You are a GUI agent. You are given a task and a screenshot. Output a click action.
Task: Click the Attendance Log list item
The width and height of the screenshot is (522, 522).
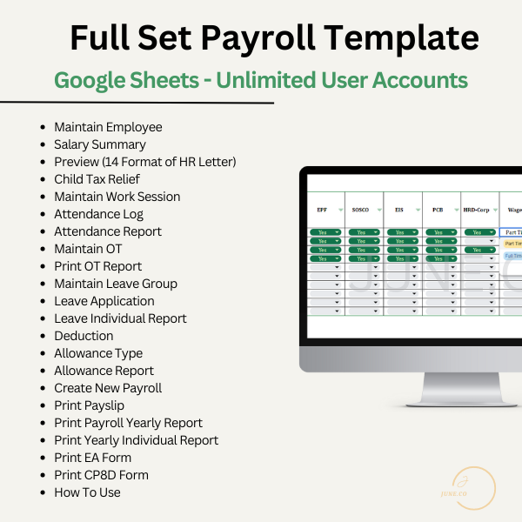(x=98, y=214)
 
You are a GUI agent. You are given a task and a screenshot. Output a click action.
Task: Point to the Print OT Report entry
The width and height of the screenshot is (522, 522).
(x=97, y=266)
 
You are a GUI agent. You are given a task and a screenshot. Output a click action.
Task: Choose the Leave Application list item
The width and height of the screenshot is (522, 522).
(x=104, y=301)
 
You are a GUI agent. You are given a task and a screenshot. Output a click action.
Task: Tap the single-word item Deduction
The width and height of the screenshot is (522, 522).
(x=84, y=336)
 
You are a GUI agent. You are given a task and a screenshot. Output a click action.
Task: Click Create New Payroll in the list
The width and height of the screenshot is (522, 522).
(x=108, y=388)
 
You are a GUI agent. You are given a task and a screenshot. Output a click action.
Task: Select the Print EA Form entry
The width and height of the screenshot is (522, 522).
(x=92, y=458)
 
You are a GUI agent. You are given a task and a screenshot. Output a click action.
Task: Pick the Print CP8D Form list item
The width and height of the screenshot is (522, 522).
(x=101, y=475)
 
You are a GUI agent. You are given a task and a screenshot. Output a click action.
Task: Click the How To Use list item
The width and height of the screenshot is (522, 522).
(x=87, y=492)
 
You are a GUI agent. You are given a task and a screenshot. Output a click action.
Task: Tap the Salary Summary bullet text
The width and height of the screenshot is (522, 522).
(x=99, y=144)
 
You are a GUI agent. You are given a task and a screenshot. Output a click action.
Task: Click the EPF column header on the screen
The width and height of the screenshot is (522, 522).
(x=323, y=210)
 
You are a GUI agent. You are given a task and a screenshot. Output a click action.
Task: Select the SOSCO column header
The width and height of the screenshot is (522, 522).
(x=361, y=210)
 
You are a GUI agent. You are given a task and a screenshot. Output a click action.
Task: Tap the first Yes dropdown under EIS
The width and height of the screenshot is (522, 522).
(x=401, y=232)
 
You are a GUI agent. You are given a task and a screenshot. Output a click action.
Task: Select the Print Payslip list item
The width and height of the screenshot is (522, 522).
(x=89, y=405)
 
